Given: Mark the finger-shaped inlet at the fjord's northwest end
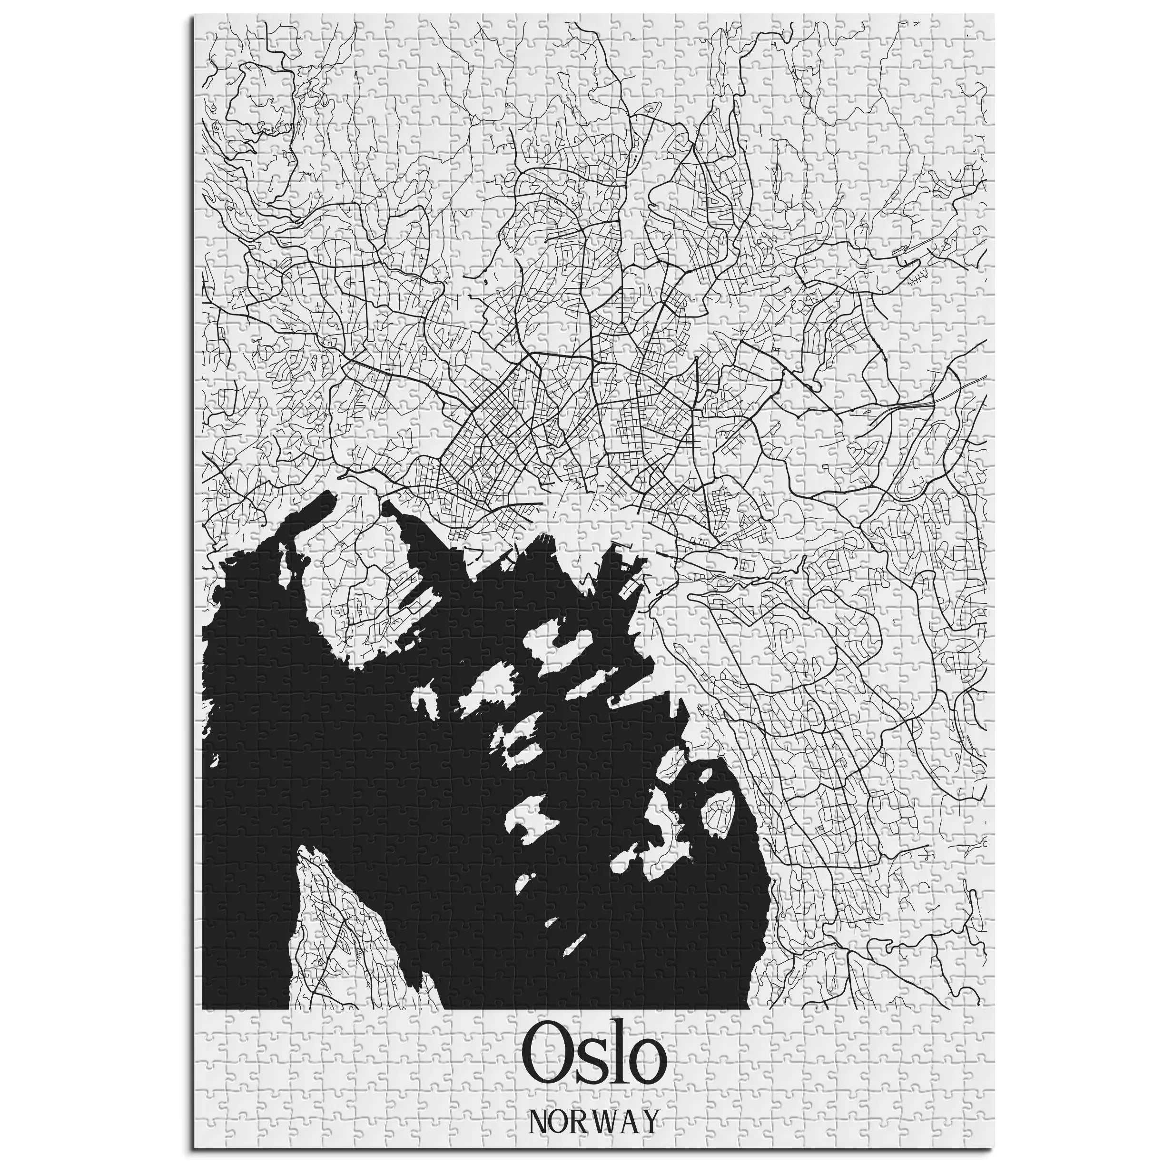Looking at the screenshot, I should (x=316, y=505).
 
